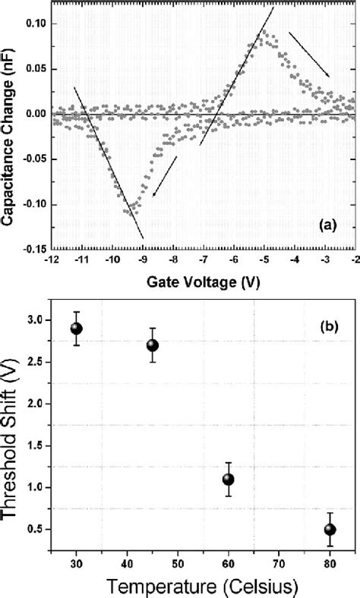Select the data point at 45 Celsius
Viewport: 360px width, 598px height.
(x=152, y=345)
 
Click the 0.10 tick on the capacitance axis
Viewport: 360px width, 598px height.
(x=36, y=24)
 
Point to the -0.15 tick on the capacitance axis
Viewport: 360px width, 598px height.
(x=34, y=248)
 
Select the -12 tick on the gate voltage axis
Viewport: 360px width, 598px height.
(x=52, y=260)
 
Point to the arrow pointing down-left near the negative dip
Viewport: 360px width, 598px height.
(x=165, y=176)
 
